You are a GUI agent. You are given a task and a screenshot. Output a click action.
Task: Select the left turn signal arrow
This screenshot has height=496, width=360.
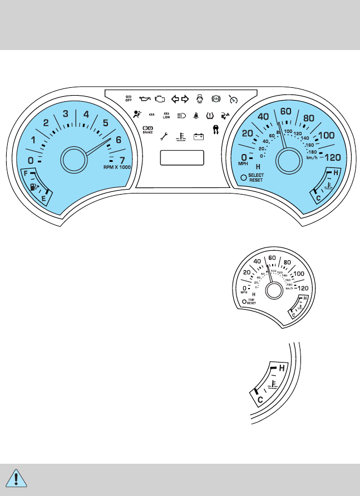click(175, 100)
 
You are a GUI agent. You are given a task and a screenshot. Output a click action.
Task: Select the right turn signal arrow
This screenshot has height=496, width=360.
click(185, 100)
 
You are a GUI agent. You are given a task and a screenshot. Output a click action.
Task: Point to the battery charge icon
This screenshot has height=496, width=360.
click(199, 135)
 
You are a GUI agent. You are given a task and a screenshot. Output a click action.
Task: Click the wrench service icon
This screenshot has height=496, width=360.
click(163, 135)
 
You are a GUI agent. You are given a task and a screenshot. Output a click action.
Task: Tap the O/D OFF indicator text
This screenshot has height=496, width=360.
click(129, 100)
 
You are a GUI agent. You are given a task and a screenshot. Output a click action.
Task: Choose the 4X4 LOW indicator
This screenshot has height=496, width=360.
click(166, 116)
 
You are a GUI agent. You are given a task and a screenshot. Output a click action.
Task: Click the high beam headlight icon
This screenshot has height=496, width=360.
click(181, 116)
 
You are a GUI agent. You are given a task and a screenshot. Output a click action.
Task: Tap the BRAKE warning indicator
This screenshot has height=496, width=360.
click(147, 131)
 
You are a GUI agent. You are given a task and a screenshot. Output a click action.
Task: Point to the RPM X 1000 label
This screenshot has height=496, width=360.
click(117, 167)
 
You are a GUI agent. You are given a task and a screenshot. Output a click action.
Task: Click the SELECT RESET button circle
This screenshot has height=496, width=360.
click(243, 178)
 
